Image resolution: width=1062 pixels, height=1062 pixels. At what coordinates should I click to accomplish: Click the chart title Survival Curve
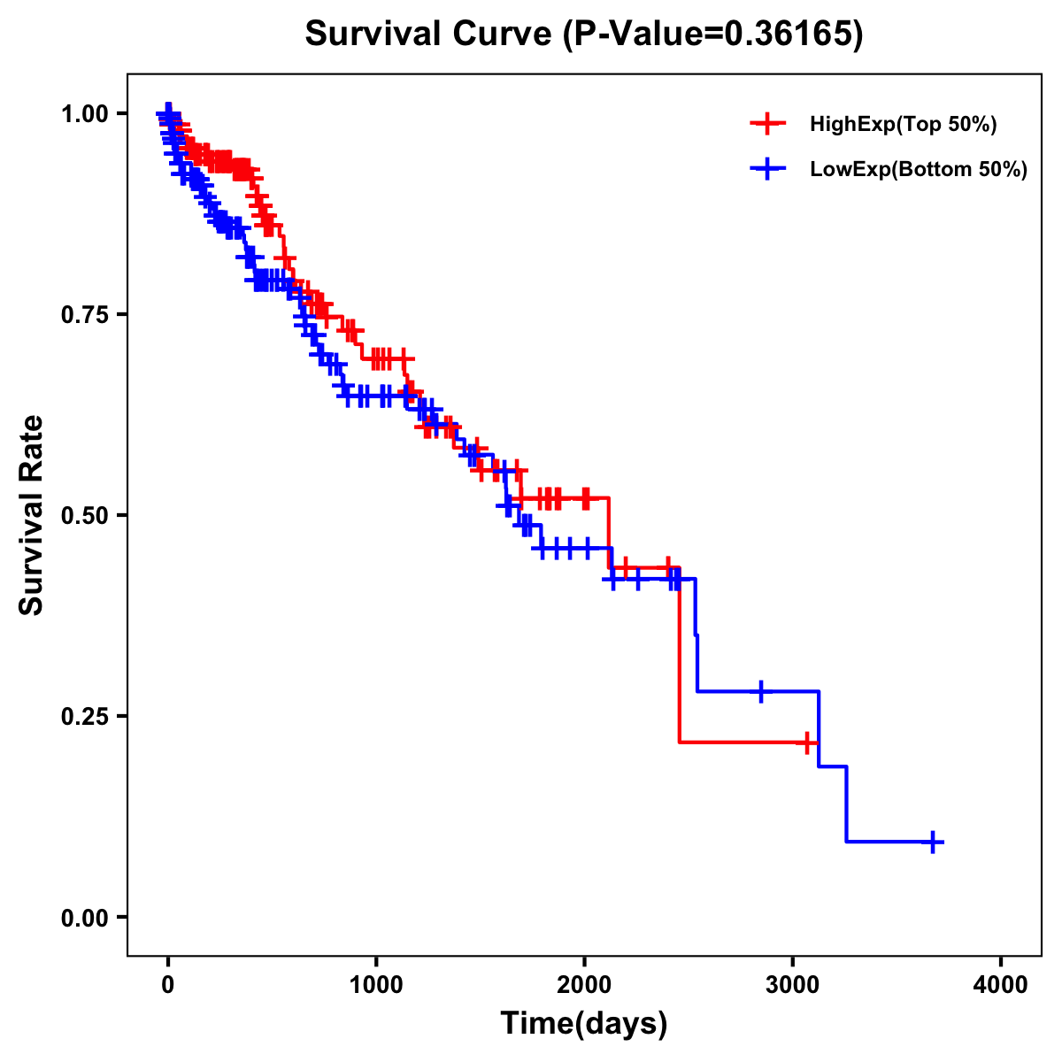431,34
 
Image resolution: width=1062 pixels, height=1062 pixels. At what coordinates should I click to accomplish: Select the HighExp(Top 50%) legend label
903,125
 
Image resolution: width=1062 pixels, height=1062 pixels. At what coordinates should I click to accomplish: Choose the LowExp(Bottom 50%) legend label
919,170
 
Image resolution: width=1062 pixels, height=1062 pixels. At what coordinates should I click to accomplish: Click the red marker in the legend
767,124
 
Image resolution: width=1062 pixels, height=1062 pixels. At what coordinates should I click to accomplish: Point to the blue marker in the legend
767,169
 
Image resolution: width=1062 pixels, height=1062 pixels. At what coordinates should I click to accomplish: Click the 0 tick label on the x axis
168,986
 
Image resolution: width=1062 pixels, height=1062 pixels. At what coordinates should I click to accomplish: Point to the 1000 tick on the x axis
376,986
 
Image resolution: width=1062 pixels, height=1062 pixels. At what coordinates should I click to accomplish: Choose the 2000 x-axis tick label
584,986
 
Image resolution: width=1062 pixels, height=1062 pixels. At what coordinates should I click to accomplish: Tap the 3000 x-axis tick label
793,986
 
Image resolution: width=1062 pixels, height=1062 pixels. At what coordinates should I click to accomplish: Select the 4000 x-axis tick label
1001,986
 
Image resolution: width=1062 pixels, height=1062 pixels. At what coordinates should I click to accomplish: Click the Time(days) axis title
584,1023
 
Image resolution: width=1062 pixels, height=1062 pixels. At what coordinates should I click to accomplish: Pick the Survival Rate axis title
32,515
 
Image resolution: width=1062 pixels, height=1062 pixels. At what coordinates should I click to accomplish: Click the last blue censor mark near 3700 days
932,842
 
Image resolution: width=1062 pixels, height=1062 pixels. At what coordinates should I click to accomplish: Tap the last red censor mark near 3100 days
807,742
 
